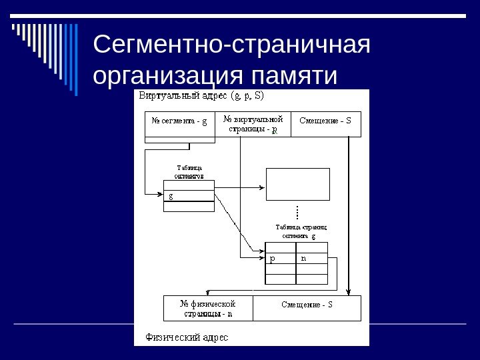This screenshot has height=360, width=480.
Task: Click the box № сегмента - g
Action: point(179,123)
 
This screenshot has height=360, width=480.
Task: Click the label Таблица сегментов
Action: point(189,172)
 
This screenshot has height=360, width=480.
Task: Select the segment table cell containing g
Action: point(189,196)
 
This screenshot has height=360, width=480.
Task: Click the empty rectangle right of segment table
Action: point(297,183)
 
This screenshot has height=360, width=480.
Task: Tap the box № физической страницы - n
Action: point(208,308)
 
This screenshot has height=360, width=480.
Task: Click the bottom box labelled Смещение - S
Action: point(307,308)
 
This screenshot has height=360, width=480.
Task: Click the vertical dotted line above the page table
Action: point(297,213)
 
